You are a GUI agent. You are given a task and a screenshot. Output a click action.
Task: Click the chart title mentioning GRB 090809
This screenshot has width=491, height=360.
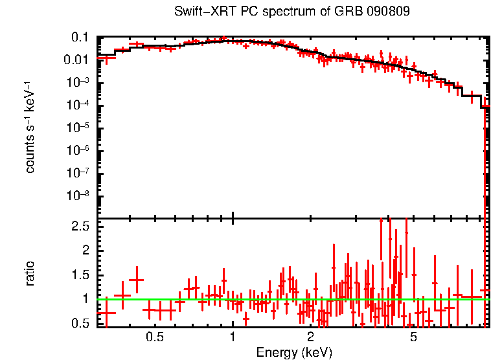(292, 12)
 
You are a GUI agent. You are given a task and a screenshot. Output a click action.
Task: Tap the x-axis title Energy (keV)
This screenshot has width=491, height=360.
(294, 352)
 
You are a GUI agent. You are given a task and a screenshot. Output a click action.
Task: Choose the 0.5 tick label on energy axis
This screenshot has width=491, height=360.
(154, 337)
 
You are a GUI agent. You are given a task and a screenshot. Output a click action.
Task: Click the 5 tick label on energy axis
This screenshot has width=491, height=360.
(413, 337)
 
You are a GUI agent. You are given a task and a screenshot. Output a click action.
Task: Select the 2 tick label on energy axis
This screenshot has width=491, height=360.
(310, 337)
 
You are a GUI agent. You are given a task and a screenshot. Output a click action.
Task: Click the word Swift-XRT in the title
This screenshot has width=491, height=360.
(200, 12)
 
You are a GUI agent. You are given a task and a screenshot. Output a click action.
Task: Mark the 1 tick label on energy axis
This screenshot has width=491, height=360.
(233, 337)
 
